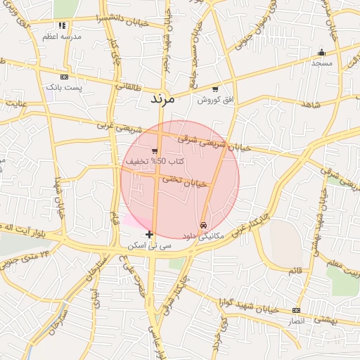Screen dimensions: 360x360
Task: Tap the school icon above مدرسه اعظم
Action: click(x=63, y=26)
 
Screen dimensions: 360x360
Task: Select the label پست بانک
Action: click(x=64, y=88)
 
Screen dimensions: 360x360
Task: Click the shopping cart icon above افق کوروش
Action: click(x=214, y=90)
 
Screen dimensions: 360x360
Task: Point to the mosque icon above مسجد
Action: click(x=322, y=52)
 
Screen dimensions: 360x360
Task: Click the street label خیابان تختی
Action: click(x=184, y=181)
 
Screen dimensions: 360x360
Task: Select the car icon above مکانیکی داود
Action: click(x=203, y=225)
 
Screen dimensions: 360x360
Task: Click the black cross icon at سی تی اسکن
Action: click(x=149, y=234)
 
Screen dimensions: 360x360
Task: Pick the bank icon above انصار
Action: click(x=296, y=310)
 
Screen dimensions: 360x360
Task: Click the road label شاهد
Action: click(x=309, y=105)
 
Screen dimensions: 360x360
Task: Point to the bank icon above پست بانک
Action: click(x=65, y=77)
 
